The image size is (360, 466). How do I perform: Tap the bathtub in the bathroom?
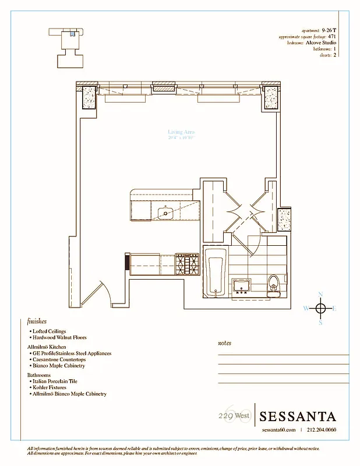pos(216,271)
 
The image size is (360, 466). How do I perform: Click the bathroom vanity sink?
pos(241,285)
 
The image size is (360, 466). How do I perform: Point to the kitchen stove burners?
pos(186,264)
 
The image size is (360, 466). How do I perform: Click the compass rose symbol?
pos(320,308)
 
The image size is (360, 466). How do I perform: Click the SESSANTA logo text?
pos(298,416)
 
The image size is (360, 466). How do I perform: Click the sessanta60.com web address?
pos(279,430)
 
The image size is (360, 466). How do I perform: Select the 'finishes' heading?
pos(37,321)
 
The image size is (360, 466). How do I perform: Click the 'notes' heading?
pos(224,343)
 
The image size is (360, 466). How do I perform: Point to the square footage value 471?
pos(332,36)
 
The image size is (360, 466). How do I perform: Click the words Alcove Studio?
pos(322,43)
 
